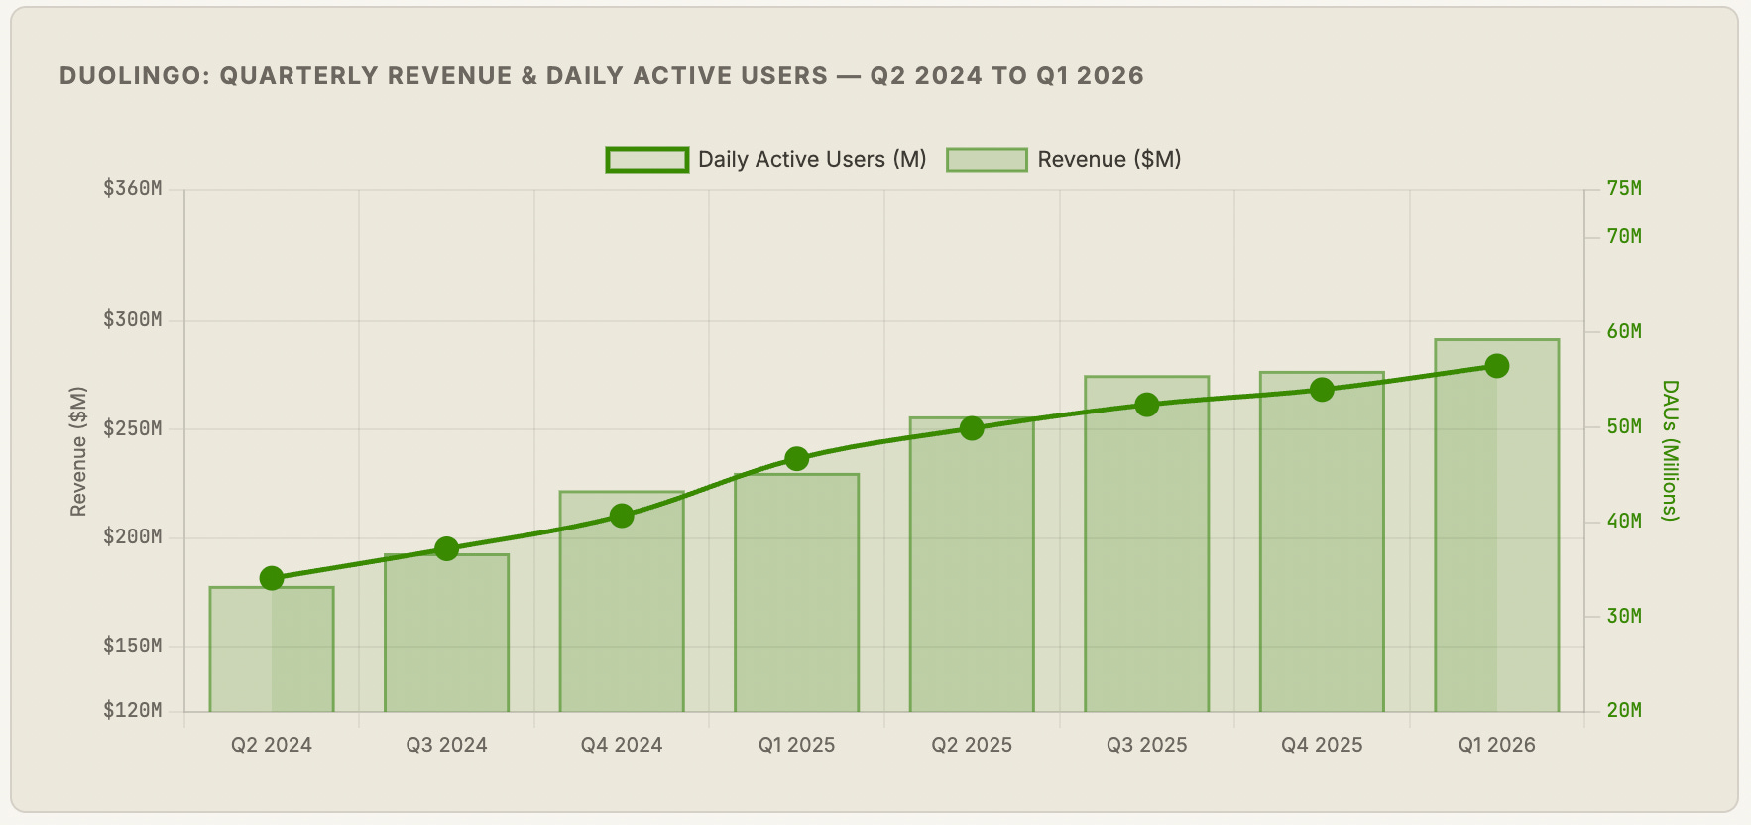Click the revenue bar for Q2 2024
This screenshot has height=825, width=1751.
[272, 649]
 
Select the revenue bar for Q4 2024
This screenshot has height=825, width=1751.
[622, 602]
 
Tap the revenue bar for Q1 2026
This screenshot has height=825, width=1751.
[1497, 526]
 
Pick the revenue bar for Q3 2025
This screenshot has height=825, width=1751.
[1147, 544]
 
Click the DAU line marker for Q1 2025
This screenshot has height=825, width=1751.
[797, 459]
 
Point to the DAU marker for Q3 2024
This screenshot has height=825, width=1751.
[447, 549]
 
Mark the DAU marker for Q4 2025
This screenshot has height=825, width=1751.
[1322, 390]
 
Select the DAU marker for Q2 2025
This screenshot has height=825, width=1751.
[972, 428]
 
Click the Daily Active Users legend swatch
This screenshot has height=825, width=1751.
[647, 160]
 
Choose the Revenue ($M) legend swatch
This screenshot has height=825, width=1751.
[987, 160]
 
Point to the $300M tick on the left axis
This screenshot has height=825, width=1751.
[133, 319]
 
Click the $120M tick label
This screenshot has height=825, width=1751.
[133, 710]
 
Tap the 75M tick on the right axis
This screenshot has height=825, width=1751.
[1624, 188]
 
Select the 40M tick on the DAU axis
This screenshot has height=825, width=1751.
[1624, 521]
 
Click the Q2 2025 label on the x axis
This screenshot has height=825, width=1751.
[972, 745]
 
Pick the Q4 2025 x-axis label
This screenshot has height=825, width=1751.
[1322, 745]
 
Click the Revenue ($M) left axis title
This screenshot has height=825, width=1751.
[78, 451]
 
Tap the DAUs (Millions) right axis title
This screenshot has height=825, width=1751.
[1670, 450]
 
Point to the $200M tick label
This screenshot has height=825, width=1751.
[133, 536]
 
